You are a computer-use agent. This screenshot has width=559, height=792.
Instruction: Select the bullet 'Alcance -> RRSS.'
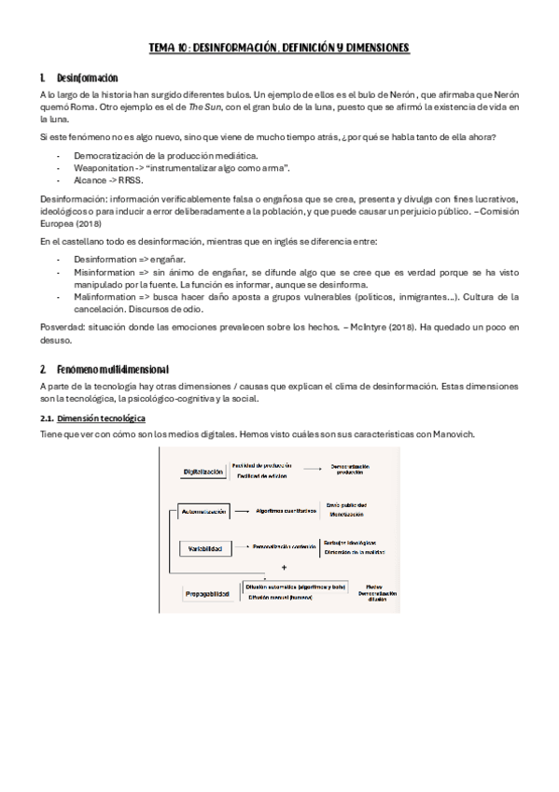click(103, 179)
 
